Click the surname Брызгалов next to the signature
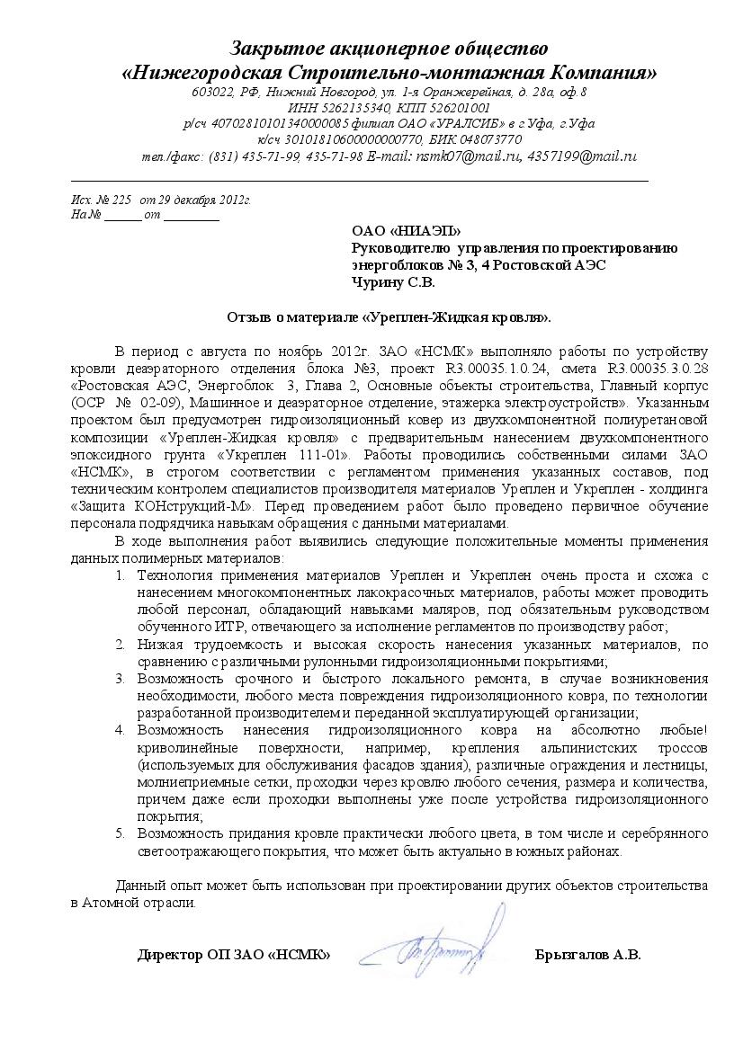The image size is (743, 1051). pyautogui.click(x=572, y=955)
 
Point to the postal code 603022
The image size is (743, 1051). pyautogui.click(x=210, y=92)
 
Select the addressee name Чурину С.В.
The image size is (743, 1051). pyautogui.click(x=392, y=282)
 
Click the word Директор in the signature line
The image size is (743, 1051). pyautogui.click(x=171, y=955)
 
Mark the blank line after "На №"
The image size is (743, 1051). pyautogui.click(x=123, y=217)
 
